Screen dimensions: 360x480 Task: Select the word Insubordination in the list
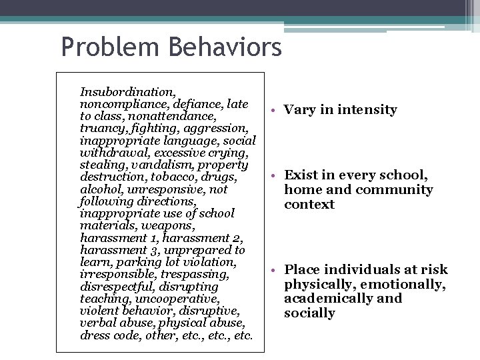tap(127, 92)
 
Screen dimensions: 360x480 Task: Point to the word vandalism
tap(162, 165)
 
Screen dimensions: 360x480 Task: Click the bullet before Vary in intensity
tap(273, 110)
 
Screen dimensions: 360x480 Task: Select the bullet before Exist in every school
tap(273, 175)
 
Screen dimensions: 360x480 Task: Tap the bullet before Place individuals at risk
tap(273, 270)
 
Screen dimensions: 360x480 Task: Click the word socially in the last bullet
tap(309, 313)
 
